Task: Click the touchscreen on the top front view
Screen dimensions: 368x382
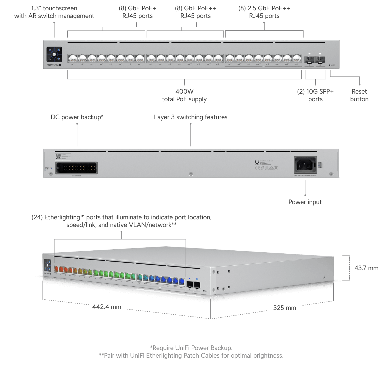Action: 54,54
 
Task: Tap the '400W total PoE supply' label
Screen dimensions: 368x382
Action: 184,95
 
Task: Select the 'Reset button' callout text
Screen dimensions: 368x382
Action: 359,95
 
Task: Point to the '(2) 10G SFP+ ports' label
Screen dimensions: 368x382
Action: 315,95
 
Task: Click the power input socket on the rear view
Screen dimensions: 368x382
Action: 305,165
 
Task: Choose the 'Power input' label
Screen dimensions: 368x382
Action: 305,202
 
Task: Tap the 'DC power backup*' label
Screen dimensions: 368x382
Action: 77,117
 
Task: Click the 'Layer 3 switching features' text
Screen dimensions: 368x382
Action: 190,117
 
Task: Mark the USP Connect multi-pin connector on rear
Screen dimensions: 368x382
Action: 77,168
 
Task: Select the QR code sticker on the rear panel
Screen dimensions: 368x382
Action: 58,157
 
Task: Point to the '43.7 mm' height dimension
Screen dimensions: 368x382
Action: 366,268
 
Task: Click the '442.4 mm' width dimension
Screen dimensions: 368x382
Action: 107,307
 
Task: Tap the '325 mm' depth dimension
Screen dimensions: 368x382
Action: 284,308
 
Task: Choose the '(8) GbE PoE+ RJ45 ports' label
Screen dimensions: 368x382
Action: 137,12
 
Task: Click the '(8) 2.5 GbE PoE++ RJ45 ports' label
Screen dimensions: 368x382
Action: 264,12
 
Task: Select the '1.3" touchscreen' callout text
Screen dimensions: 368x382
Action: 54,12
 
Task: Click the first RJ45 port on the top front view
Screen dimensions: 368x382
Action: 72,58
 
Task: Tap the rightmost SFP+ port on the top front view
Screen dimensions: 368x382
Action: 320,59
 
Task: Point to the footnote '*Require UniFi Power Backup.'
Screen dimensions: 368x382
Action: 191,348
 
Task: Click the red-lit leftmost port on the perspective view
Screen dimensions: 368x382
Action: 56,269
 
